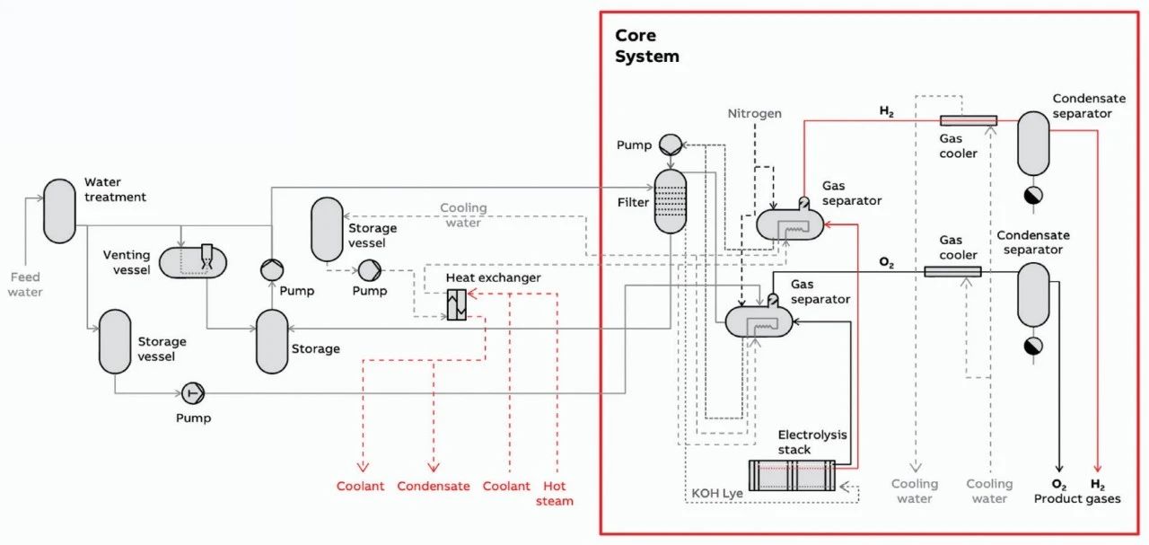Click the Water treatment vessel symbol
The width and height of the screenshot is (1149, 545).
coord(60,210)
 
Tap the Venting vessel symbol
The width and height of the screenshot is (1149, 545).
coord(193,262)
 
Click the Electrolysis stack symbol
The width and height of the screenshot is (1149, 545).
coord(792,475)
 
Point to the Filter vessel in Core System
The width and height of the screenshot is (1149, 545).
coord(669,201)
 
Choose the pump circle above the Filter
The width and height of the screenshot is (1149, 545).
coord(670,144)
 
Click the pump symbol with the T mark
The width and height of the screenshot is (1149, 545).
coord(193,392)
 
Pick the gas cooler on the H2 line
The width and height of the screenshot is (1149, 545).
coord(969,120)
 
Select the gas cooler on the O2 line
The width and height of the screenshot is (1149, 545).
coord(952,271)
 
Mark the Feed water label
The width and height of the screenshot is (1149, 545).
coord(24,285)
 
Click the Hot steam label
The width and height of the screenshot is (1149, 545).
coord(555,493)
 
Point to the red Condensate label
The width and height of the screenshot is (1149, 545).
coord(434,486)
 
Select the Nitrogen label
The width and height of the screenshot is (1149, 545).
coord(754,114)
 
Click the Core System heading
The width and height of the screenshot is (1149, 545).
coord(646,46)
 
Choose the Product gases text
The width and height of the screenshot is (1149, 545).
coord(1077,498)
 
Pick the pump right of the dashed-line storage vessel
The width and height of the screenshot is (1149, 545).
coord(369,269)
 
